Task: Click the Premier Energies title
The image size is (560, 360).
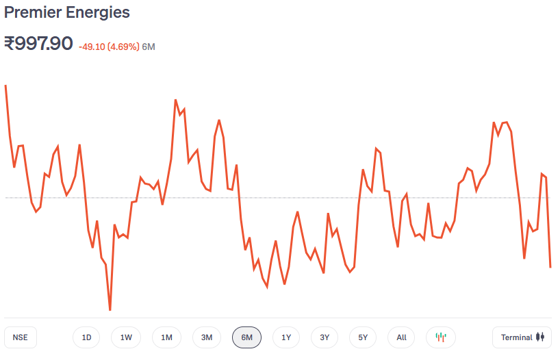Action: click(67, 12)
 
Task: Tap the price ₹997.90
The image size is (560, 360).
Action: click(38, 44)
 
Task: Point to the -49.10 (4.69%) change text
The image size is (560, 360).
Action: click(109, 47)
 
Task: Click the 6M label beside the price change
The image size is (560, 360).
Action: click(149, 47)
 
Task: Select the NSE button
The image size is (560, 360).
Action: click(21, 337)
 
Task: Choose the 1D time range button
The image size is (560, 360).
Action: click(86, 337)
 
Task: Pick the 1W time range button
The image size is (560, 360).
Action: click(126, 337)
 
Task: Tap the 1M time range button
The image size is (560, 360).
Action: click(166, 337)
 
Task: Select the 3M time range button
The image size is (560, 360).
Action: click(207, 337)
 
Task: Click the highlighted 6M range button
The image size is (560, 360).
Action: click(246, 337)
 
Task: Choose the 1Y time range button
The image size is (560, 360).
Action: click(286, 337)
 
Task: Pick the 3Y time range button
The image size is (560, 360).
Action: click(324, 337)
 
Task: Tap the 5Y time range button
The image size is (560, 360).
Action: click(363, 337)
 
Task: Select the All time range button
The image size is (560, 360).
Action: click(401, 337)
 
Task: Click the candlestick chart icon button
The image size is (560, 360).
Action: click(441, 337)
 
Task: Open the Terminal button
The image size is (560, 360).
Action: click(522, 337)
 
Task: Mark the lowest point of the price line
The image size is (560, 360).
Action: click(110, 310)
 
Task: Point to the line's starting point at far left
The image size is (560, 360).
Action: click(5, 86)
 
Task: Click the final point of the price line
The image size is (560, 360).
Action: click(550, 267)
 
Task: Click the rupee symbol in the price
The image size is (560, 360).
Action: click(10, 44)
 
